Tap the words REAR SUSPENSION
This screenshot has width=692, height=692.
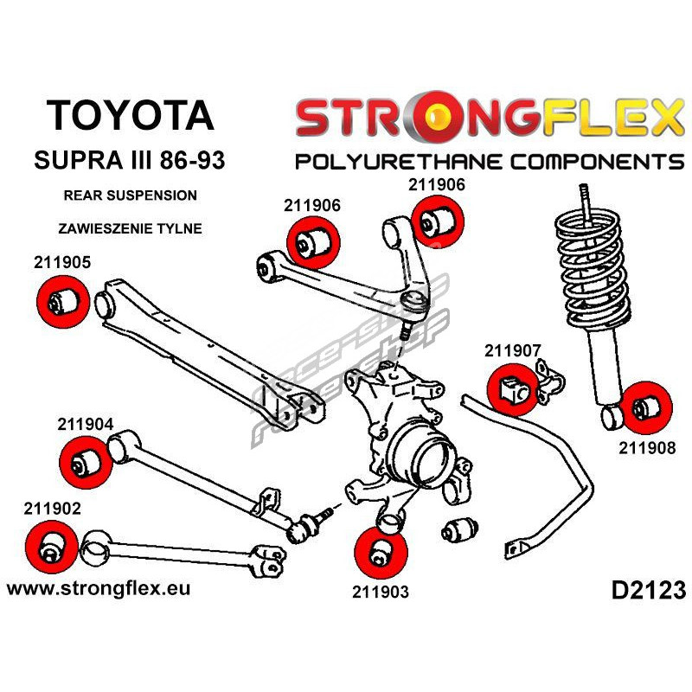130,195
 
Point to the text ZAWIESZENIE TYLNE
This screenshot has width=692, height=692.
130,229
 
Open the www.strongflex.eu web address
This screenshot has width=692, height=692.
98,588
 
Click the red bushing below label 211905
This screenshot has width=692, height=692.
60,302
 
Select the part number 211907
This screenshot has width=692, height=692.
513,351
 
